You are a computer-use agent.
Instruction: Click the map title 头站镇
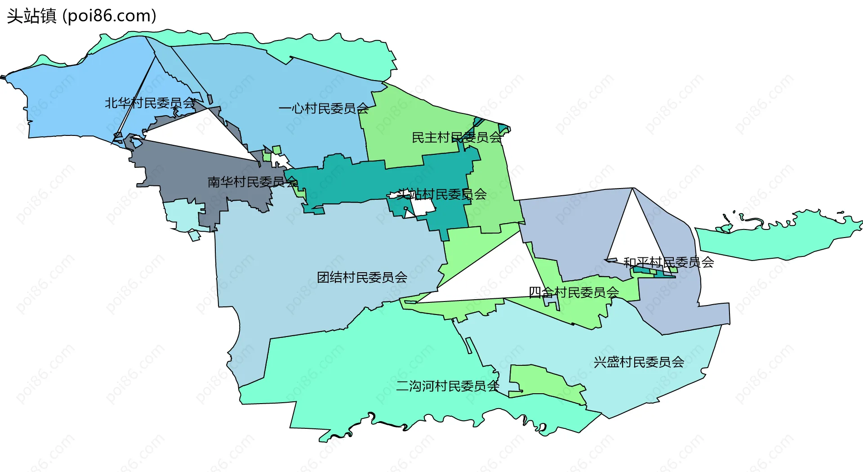tap(31, 16)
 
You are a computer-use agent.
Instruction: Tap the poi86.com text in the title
tap(109, 16)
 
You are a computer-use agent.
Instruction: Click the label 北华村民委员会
tap(150, 103)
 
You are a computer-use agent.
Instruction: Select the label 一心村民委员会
tap(324, 108)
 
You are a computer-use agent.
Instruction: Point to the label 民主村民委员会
tap(457, 138)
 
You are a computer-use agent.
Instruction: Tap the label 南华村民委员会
tap(253, 182)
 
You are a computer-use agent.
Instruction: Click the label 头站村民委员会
tap(441, 194)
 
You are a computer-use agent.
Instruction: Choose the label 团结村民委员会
tap(362, 277)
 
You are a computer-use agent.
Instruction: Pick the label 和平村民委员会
tap(668, 262)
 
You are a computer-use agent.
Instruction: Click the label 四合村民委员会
tap(574, 292)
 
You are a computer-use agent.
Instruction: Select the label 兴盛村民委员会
tap(639, 362)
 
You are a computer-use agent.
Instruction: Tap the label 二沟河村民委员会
tap(448, 386)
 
